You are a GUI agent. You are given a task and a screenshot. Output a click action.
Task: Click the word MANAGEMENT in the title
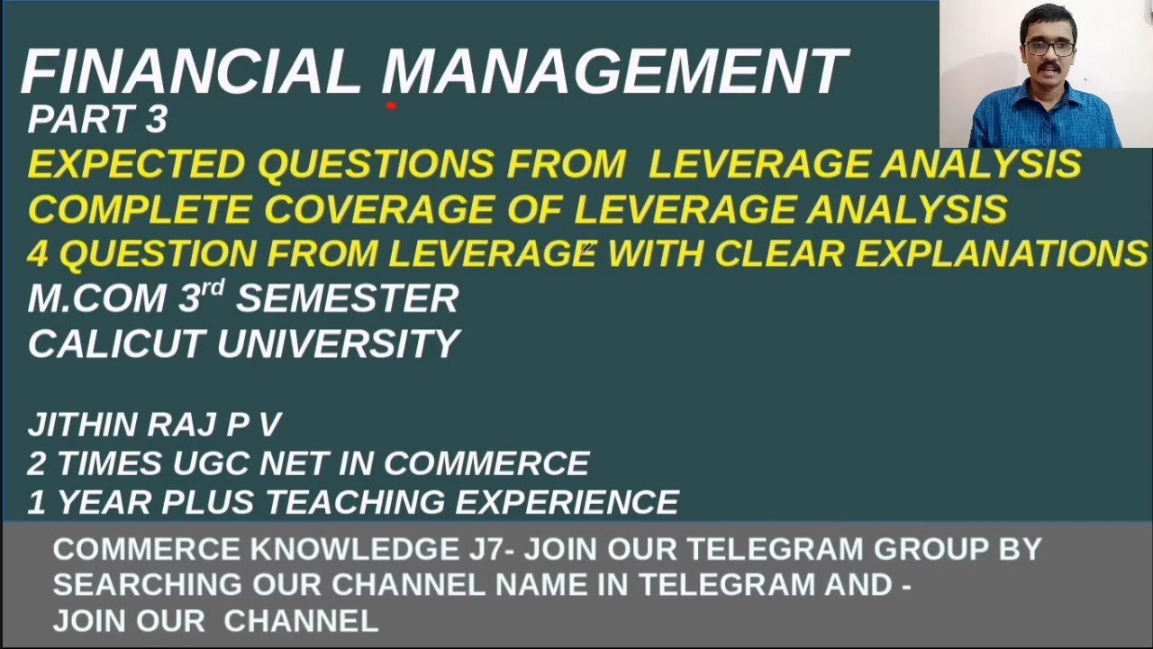pos(615,72)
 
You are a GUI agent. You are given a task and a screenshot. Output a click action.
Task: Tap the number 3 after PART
pos(154,120)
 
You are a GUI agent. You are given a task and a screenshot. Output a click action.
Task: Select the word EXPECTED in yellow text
pos(136,165)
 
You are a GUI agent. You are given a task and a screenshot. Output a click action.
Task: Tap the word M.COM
pos(99,299)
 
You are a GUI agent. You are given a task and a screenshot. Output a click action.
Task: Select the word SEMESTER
pos(348,299)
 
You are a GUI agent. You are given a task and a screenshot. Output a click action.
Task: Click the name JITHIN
pos(82,425)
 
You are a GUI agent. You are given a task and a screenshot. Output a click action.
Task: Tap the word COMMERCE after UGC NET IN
pos(486,463)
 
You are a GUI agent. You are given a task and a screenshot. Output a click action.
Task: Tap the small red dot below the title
pos(392,105)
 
